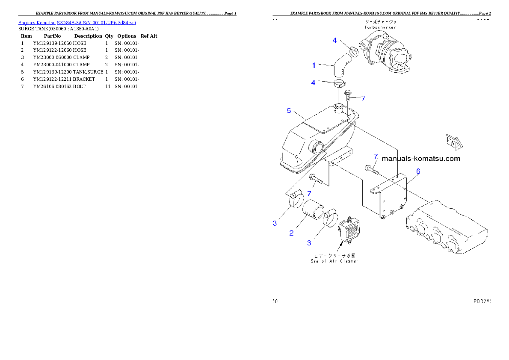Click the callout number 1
pos(314,65)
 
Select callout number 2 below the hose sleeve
pos(291,233)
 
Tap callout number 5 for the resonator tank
pos(289,111)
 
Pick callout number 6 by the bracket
pos(418,171)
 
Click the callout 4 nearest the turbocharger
pos(335,41)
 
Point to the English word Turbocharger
pos(380,27)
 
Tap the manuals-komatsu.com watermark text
pos(421,159)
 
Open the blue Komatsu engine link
pos(77,22)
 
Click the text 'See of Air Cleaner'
pos(334,261)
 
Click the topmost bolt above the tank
pos(348,94)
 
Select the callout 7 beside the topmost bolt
pos(363,98)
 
